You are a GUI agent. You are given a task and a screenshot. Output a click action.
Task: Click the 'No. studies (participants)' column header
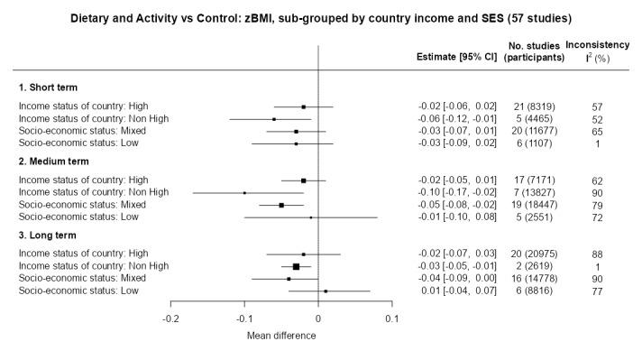[533, 51]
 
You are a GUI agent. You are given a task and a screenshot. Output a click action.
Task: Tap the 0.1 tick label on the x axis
[391, 318]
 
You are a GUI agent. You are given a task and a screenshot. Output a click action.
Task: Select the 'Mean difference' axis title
[280, 335]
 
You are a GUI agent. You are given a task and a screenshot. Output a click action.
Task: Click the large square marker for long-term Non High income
[296, 266]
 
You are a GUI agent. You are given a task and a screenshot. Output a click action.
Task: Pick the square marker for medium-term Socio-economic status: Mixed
[281, 205]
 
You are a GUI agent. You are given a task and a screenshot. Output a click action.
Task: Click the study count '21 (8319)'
[533, 106]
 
